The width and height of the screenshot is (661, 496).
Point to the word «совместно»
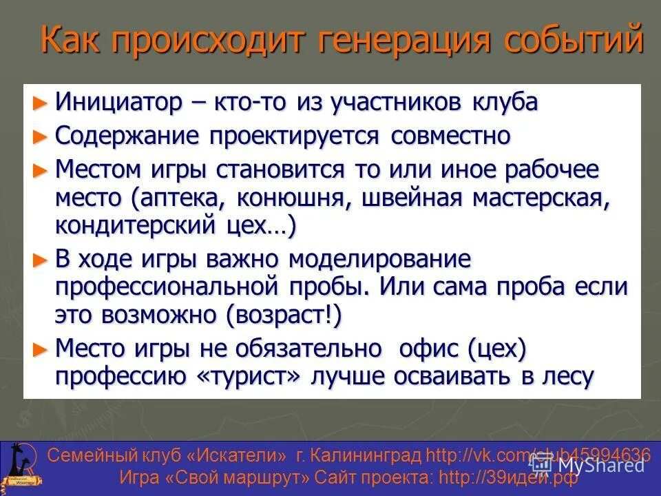click(450, 136)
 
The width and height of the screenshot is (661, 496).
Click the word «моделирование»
click(379, 260)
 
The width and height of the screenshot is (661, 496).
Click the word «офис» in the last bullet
click(430, 349)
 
